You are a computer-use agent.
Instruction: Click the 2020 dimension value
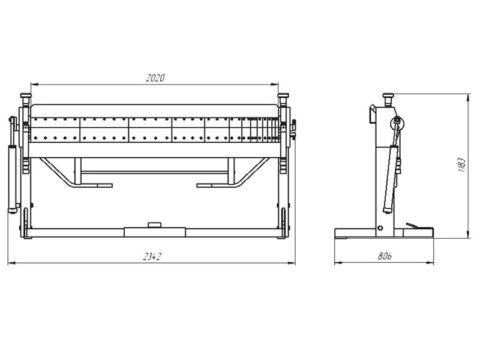pos(155,78)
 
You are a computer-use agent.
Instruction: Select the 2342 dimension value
pos(152,257)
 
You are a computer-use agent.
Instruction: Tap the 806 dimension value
pos(385,256)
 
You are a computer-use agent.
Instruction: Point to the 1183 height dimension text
pos(461,165)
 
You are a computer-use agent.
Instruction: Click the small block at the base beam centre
pos(154,225)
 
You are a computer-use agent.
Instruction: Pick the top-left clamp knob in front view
pos(26,99)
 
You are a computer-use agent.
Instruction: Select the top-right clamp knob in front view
pos(283,99)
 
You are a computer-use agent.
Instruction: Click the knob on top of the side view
pos(388,99)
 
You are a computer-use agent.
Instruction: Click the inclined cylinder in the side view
pos(391,179)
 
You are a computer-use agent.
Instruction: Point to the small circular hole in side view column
pos(380,228)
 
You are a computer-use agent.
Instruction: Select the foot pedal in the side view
pos(416,226)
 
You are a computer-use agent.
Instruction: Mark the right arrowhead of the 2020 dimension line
pos(275,84)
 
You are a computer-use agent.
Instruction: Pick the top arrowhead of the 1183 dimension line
pos(468,98)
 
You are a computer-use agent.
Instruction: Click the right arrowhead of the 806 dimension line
pos(430,262)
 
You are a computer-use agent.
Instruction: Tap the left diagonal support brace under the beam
pos(58,172)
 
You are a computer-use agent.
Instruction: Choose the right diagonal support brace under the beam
pos(251,172)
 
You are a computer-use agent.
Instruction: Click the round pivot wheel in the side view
pos(397,124)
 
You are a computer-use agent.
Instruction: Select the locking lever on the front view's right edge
pos(294,128)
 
